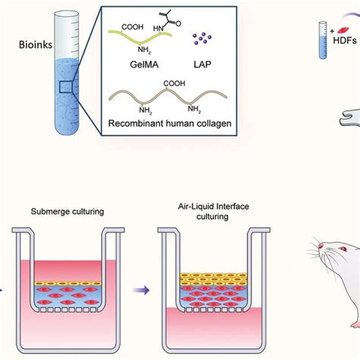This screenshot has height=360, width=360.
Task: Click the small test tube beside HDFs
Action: (x=322, y=38)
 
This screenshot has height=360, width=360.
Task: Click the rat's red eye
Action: (x=324, y=268)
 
